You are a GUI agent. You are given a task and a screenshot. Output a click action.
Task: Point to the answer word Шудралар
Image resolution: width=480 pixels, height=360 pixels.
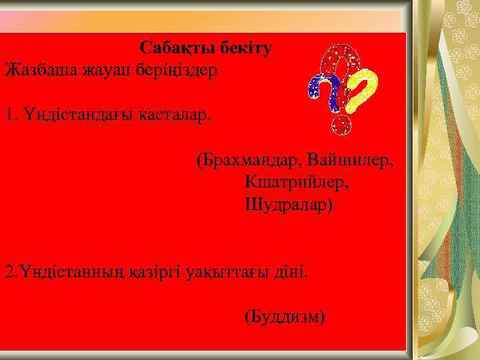(288, 204)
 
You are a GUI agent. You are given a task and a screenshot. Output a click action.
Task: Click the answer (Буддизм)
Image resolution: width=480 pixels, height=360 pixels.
(285, 315)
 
